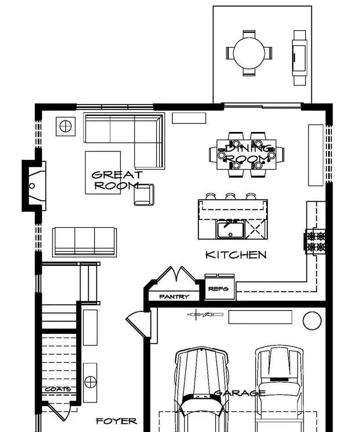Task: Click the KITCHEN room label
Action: pos(236,255)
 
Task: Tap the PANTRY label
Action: pos(174,297)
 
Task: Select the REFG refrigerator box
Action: pos(220,288)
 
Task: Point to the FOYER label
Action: pos(116,421)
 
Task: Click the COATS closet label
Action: pos(58,389)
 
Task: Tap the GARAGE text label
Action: pos(240,393)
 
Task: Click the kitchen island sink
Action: pos(230,229)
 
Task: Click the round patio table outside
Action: pos(249,53)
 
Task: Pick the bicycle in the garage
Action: pos(205,315)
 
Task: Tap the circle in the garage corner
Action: pos(312,320)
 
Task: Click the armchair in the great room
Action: pos(144,195)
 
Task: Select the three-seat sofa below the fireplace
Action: pos(84,242)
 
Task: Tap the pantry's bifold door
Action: pos(176,273)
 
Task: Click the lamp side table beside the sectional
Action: pos(66,126)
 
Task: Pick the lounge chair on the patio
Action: pos(300,58)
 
